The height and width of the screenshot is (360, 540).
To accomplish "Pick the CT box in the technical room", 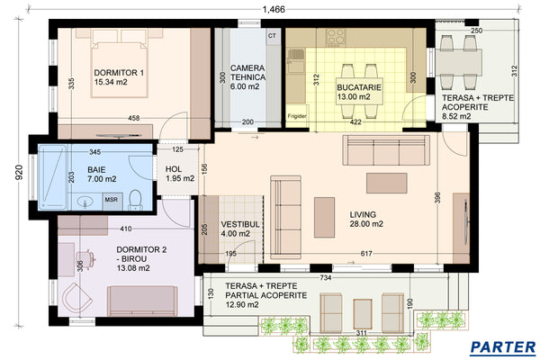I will pyautogui.click(x=273, y=36).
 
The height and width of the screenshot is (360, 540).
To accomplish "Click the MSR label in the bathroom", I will pyautogui.click(x=112, y=200).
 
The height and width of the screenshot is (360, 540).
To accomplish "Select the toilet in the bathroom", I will pyautogui.click(x=133, y=199).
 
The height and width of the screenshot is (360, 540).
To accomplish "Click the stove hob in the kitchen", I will pyautogui.click(x=337, y=37).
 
